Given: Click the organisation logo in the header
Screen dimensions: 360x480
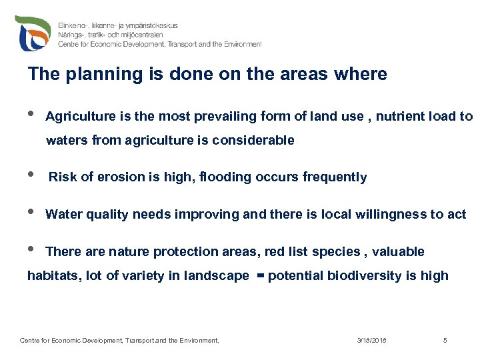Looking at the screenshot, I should coord(33,32).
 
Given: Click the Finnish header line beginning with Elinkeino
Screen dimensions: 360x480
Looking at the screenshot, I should coord(118,25).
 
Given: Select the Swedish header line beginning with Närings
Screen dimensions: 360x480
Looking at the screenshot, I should coord(118,35).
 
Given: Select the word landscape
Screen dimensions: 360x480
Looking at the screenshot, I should coord(217,275).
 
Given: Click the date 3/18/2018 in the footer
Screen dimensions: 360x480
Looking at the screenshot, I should coord(371,341).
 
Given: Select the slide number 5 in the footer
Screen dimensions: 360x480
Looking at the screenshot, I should coord(445,341).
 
